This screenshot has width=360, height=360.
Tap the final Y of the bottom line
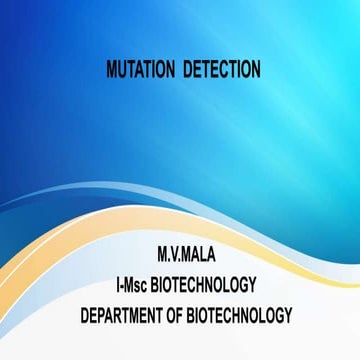click(x=288, y=315)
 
